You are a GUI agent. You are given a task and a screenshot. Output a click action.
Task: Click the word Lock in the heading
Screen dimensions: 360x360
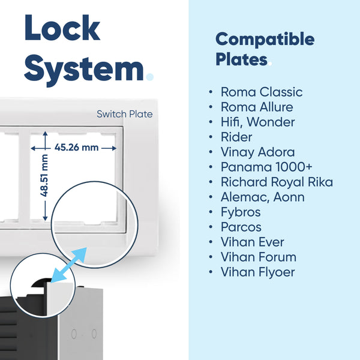(x=62, y=28)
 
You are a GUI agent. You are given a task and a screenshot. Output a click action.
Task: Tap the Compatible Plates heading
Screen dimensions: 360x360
(x=265, y=49)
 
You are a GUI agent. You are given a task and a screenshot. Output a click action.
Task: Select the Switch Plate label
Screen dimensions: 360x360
(x=124, y=114)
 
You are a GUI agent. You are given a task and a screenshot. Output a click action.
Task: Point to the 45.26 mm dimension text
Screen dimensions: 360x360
(x=76, y=148)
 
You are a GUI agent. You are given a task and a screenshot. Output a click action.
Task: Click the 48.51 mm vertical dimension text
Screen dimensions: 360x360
(x=44, y=175)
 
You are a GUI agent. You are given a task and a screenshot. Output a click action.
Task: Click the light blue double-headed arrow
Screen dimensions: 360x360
(x=68, y=265)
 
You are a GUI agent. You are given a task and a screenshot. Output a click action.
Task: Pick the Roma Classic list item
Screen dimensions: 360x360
(x=262, y=92)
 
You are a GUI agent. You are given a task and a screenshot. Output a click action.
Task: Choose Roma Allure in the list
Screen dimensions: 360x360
(x=257, y=107)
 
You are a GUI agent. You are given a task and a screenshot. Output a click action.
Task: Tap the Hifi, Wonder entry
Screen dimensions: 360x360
(x=257, y=122)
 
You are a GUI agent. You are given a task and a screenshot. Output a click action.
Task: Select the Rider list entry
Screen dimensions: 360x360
(x=236, y=137)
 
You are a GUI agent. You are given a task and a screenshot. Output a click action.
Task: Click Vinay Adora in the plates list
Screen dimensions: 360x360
(x=257, y=152)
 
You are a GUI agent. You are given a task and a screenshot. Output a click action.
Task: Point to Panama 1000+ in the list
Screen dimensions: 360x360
(x=266, y=167)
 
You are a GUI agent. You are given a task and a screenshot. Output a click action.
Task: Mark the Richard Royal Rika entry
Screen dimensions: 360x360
(x=277, y=182)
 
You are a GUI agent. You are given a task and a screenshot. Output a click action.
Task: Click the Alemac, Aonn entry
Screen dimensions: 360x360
(x=263, y=197)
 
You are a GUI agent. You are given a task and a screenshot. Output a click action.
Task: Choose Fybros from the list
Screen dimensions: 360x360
(x=241, y=212)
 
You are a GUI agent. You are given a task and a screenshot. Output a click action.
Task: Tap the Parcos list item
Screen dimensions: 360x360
(x=241, y=227)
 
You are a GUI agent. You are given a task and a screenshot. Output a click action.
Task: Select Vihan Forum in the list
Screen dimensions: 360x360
(x=259, y=257)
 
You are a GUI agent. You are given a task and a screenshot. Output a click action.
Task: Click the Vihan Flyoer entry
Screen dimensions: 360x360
(x=257, y=272)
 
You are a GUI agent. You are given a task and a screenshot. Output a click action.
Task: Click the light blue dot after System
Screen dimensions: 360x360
(x=149, y=77)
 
